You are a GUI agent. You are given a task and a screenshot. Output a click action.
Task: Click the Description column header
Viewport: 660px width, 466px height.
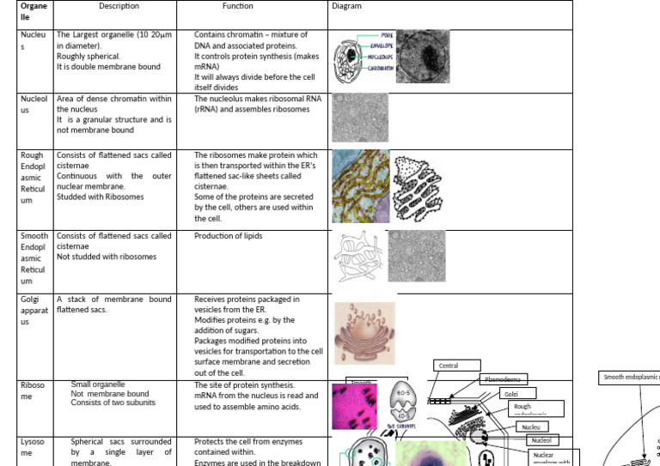click(119, 7)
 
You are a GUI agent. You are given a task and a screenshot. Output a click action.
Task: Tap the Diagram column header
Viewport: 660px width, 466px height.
click(346, 7)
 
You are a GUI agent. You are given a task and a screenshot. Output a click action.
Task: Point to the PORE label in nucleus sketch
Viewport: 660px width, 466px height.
click(387, 36)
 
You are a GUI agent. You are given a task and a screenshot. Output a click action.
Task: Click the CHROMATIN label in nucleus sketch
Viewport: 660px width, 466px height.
click(381, 67)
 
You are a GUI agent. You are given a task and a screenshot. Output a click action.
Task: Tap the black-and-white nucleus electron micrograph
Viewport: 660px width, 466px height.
click(423, 57)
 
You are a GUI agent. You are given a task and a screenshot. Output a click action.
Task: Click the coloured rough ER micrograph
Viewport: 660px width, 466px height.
click(360, 186)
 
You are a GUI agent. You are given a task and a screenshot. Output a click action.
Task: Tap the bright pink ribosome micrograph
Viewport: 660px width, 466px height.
click(354, 406)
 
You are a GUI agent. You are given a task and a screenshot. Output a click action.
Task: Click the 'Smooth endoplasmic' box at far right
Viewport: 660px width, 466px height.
click(630, 376)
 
